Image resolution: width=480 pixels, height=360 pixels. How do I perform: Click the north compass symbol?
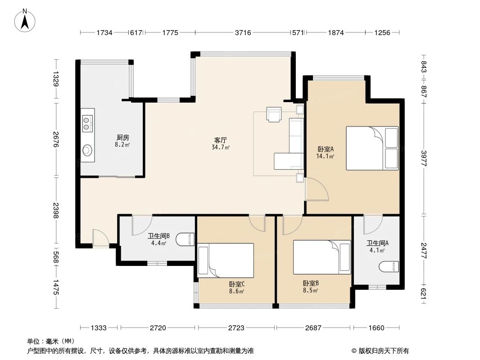tap(26, 20)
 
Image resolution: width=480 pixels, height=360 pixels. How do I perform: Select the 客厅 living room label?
tap(221, 143)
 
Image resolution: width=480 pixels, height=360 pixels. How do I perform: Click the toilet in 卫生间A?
tap(389, 266)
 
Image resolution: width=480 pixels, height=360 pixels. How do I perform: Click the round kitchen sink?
tap(87, 150)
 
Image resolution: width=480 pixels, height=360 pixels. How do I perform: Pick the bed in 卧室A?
tap(372, 148)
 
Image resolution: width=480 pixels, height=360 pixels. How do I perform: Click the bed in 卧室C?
tap(226, 260)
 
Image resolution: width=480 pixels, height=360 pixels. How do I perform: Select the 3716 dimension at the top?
tap(243, 32)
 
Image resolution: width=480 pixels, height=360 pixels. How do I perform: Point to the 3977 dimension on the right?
tap(424, 158)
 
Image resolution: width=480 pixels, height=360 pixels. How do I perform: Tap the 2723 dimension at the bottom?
tap(236, 328)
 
